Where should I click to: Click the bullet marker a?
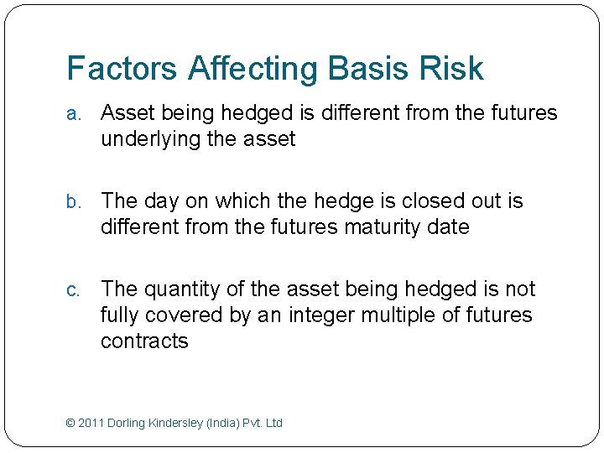coord(73,114)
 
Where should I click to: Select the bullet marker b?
coord(73,202)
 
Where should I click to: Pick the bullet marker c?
coord(73,290)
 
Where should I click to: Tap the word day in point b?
coord(165,202)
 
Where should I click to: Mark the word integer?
coord(327,316)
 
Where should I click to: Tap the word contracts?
coord(144,341)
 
